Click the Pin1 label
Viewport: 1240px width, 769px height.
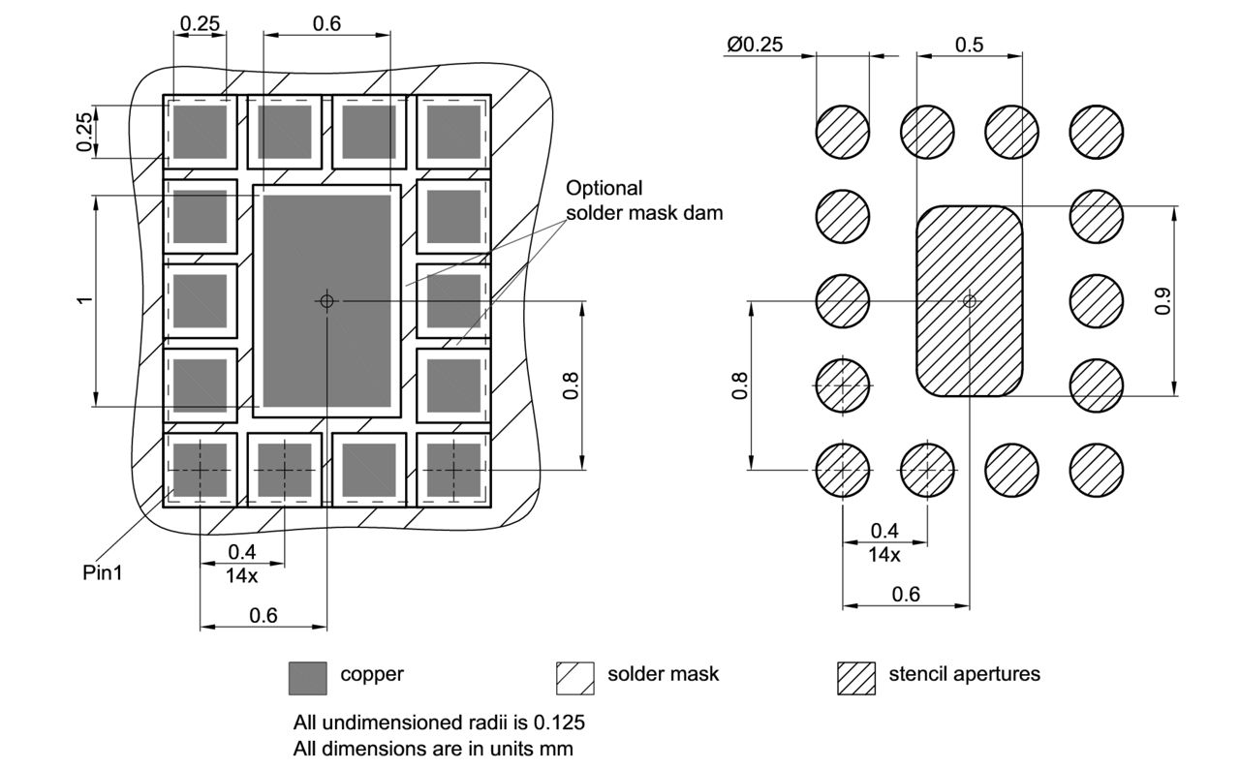102,571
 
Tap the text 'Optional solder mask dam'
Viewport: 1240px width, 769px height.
643,200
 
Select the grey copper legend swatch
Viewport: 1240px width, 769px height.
307,677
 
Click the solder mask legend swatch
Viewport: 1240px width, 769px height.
574,677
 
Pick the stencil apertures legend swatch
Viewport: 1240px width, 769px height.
855,677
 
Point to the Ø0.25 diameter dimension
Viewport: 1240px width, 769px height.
754,45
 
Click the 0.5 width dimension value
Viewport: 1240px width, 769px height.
968,45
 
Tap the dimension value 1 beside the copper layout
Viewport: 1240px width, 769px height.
85,301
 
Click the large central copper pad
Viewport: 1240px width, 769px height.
326,301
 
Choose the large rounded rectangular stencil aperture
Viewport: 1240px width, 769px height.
969,301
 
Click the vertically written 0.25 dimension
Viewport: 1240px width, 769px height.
85,132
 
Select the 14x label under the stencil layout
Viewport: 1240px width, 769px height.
883,555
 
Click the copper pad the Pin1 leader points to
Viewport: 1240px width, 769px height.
201,470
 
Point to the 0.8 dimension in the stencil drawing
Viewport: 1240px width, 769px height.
739,385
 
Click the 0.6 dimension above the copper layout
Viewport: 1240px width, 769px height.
326,24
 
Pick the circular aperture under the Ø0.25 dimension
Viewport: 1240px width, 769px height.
843,132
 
